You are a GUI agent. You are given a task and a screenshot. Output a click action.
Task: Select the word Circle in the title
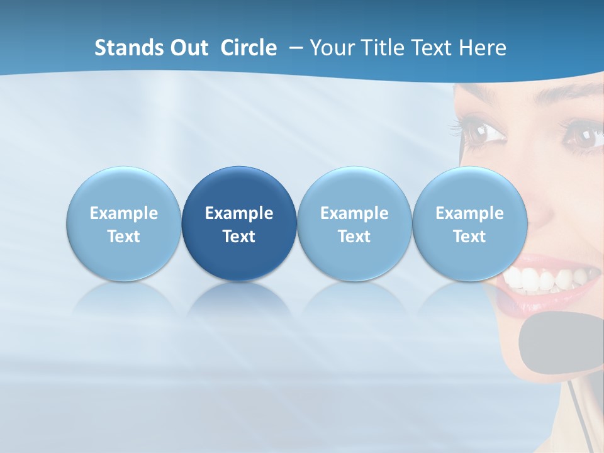(249, 48)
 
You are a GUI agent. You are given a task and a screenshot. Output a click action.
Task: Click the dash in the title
(293, 48)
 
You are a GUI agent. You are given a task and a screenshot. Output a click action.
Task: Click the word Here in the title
(482, 48)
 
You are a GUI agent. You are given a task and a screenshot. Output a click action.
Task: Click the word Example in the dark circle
(239, 213)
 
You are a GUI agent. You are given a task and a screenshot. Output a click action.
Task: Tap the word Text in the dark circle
(239, 237)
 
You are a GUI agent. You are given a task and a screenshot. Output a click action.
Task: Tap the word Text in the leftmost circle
(123, 237)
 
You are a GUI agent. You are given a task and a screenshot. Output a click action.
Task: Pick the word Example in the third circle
(354, 213)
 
